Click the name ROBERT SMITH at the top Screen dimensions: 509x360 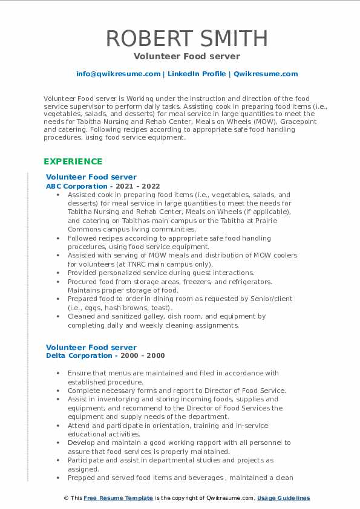click(180, 38)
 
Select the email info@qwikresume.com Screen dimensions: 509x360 click(118, 74)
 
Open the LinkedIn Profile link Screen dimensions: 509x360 click(189, 74)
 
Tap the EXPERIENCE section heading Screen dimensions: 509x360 click(73, 161)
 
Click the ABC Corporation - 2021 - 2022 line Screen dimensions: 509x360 click(103, 187)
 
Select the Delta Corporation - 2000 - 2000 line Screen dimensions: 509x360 click(105, 356)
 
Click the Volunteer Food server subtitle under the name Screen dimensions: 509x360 click(180, 56)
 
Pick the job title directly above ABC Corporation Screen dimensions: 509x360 click(91, 178)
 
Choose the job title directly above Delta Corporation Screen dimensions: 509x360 click(91, 348)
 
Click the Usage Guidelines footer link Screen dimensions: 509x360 click(283, 498)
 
